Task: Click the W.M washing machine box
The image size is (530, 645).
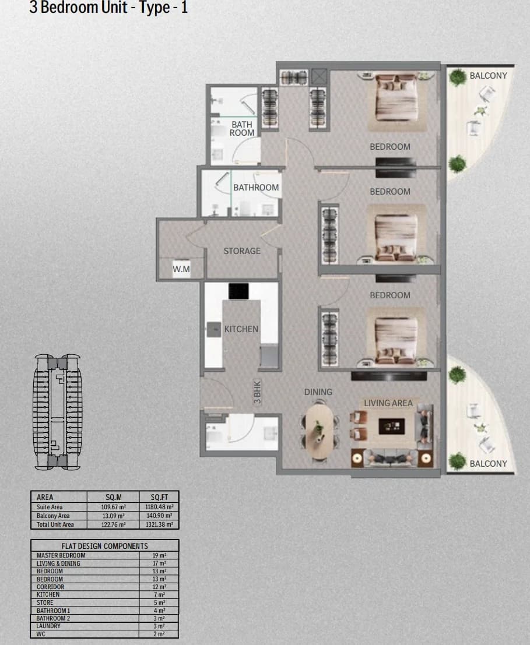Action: coord(181,269)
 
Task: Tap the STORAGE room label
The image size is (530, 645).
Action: coord(242,251)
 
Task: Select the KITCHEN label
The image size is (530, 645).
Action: coord(241,329)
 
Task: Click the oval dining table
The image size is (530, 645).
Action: coord(320,432)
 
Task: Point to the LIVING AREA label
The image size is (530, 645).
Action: coord(388,403)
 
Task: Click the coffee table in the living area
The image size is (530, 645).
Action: coord(391,427)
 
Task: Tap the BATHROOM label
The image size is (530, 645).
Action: coord(256,188)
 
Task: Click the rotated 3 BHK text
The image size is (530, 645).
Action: coord(258,392)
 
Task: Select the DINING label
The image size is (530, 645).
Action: coord(318,392)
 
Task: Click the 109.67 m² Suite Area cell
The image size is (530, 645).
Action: coord(114,507)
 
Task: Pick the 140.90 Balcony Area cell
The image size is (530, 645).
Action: coord(159,516)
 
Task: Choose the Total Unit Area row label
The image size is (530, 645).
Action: coord(55,524)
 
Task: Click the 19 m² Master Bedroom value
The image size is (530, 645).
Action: coord(159,555)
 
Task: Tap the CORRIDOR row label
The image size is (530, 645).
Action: coord(51,587)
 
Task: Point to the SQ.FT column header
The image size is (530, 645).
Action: coord(159,498)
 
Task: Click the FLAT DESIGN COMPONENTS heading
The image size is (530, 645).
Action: coord(104,546)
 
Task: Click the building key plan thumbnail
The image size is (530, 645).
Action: coord(58,412)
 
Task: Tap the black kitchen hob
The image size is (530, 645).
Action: coord(238,291)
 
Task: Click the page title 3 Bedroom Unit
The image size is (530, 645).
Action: coord(78,8)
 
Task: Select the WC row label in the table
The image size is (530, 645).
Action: coord(41,634)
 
